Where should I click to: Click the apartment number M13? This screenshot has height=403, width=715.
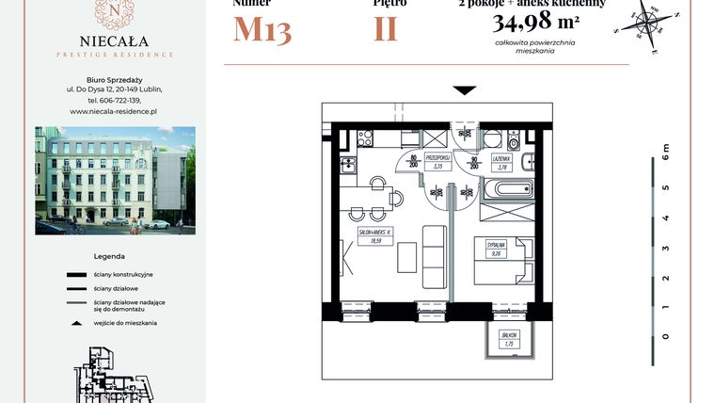point(262,30)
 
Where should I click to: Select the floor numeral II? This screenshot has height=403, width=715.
point(385,30)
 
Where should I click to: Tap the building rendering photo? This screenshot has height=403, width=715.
point(116,180)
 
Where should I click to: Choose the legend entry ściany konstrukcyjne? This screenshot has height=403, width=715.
point(123,273)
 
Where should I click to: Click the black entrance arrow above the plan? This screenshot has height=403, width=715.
point(464,90)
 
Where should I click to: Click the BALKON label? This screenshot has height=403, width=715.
point(507,340)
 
